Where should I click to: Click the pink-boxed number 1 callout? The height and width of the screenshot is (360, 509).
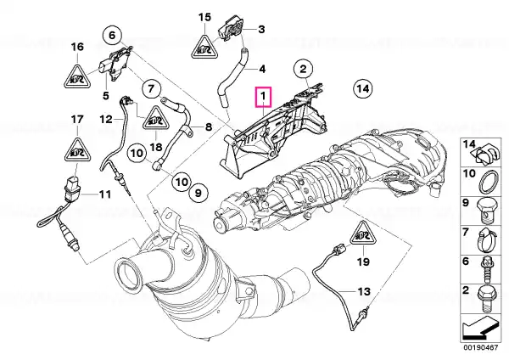pyautogui.click(x=263, y=97)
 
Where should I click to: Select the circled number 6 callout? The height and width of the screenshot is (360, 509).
pyautogui.click(x=112, y=35)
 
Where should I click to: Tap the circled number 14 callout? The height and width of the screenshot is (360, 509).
pyautogui.click(x=362, y=88)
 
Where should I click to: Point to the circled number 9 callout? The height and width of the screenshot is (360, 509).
pyautogui.click(x=198, y=194)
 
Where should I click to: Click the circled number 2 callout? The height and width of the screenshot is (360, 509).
pyautogui.click(x=303, y=69)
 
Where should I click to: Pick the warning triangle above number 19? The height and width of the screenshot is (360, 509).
pyautogui.click(x=363, y=234)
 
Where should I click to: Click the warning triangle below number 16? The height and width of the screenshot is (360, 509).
pyautogui.click(x=77, y=77)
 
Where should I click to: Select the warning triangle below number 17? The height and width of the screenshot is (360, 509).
pyautogui.click(x=77, y=150)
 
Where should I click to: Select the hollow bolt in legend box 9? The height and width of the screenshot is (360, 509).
pyautogui.click(x=485, y=211)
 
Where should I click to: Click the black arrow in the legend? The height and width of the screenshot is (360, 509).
pyautogui.click(x=480, y=328)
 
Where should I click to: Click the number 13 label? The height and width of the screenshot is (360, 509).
pyautogui.click(x=364, y=291)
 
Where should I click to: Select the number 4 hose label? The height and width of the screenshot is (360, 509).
pyautogui.click(x=262, y=69)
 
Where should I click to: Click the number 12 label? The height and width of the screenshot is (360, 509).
pyautogui.click(x=106, y=119)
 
